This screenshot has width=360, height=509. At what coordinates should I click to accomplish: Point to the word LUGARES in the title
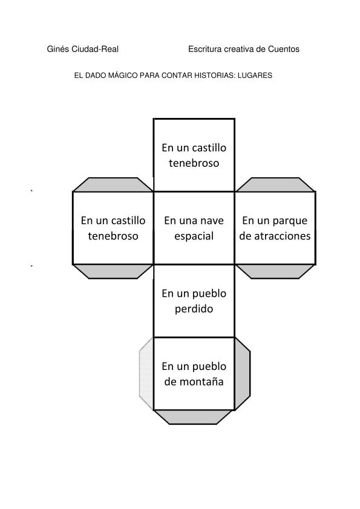255,76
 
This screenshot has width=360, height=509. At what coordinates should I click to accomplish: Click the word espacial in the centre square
194,236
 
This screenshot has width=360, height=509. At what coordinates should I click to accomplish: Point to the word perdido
194,309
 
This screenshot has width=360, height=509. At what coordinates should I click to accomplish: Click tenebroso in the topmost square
194,163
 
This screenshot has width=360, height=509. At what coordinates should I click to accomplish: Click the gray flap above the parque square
275,185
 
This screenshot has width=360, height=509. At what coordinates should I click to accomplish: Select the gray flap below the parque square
275,271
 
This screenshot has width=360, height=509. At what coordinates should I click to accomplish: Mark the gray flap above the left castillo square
113,185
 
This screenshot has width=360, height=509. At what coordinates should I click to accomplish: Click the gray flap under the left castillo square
113,271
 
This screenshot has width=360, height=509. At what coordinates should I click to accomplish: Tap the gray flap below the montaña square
194,417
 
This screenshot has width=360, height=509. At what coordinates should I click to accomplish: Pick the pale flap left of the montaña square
146,374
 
